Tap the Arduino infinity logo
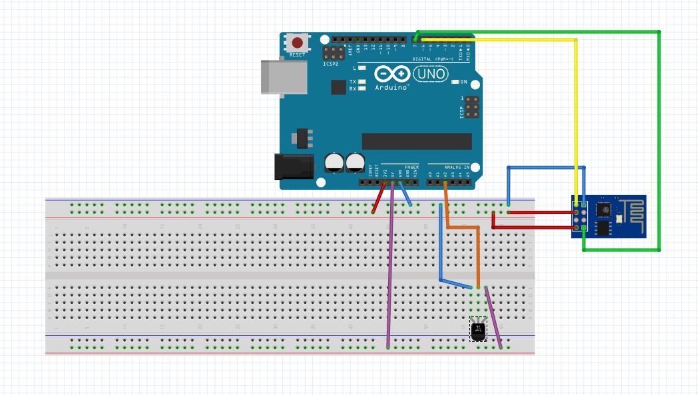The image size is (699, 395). click(391, 74)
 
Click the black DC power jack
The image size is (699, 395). click(294, 166)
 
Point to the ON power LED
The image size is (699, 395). click(455, 82)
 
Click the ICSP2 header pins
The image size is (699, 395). click(333, 55)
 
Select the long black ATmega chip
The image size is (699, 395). click(417, 141)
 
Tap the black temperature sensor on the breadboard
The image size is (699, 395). click(478, 329)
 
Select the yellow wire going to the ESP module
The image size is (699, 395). click(575, 120)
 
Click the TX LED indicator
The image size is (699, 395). click(361, 82)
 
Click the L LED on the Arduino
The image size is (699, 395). click(361, 68)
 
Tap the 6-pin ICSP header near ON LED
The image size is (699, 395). click(471, 107)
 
